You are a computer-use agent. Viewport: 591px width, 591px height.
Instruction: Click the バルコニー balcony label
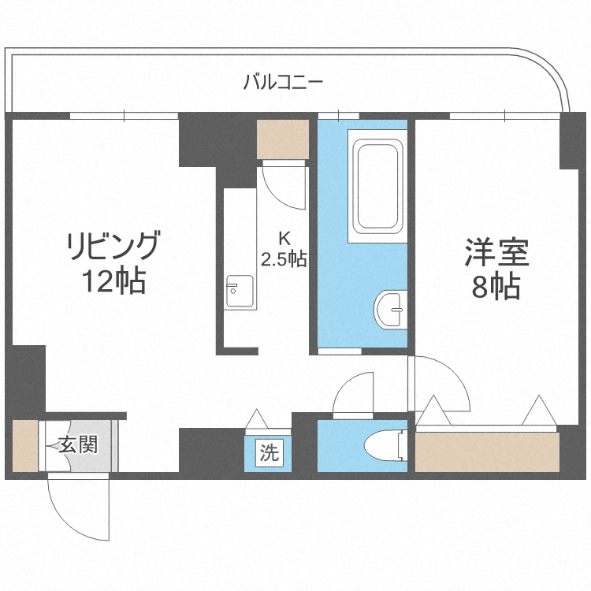pyautogui.click(x=284, y=80)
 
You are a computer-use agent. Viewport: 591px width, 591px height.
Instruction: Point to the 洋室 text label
pyautogui.click(x=496, y=254)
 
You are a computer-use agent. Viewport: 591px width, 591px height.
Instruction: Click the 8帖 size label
pyautogui.click(x=496, y=288)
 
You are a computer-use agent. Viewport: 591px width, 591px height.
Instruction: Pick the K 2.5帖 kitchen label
pyautogui.click(x=284, y=249)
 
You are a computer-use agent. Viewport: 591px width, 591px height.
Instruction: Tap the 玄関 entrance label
pyautogui.click(x=78, y=445)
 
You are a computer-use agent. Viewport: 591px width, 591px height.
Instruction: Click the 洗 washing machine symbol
pyautogui.click(x=269, y=453)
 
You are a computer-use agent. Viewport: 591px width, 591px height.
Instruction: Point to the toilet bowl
pyautogui.click(x=385, y=445)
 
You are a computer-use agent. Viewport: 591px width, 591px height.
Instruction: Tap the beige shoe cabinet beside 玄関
pyautogui.click(x=24, y=446)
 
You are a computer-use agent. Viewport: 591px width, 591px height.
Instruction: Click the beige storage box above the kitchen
pyautogui.click(x=282, y=139)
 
